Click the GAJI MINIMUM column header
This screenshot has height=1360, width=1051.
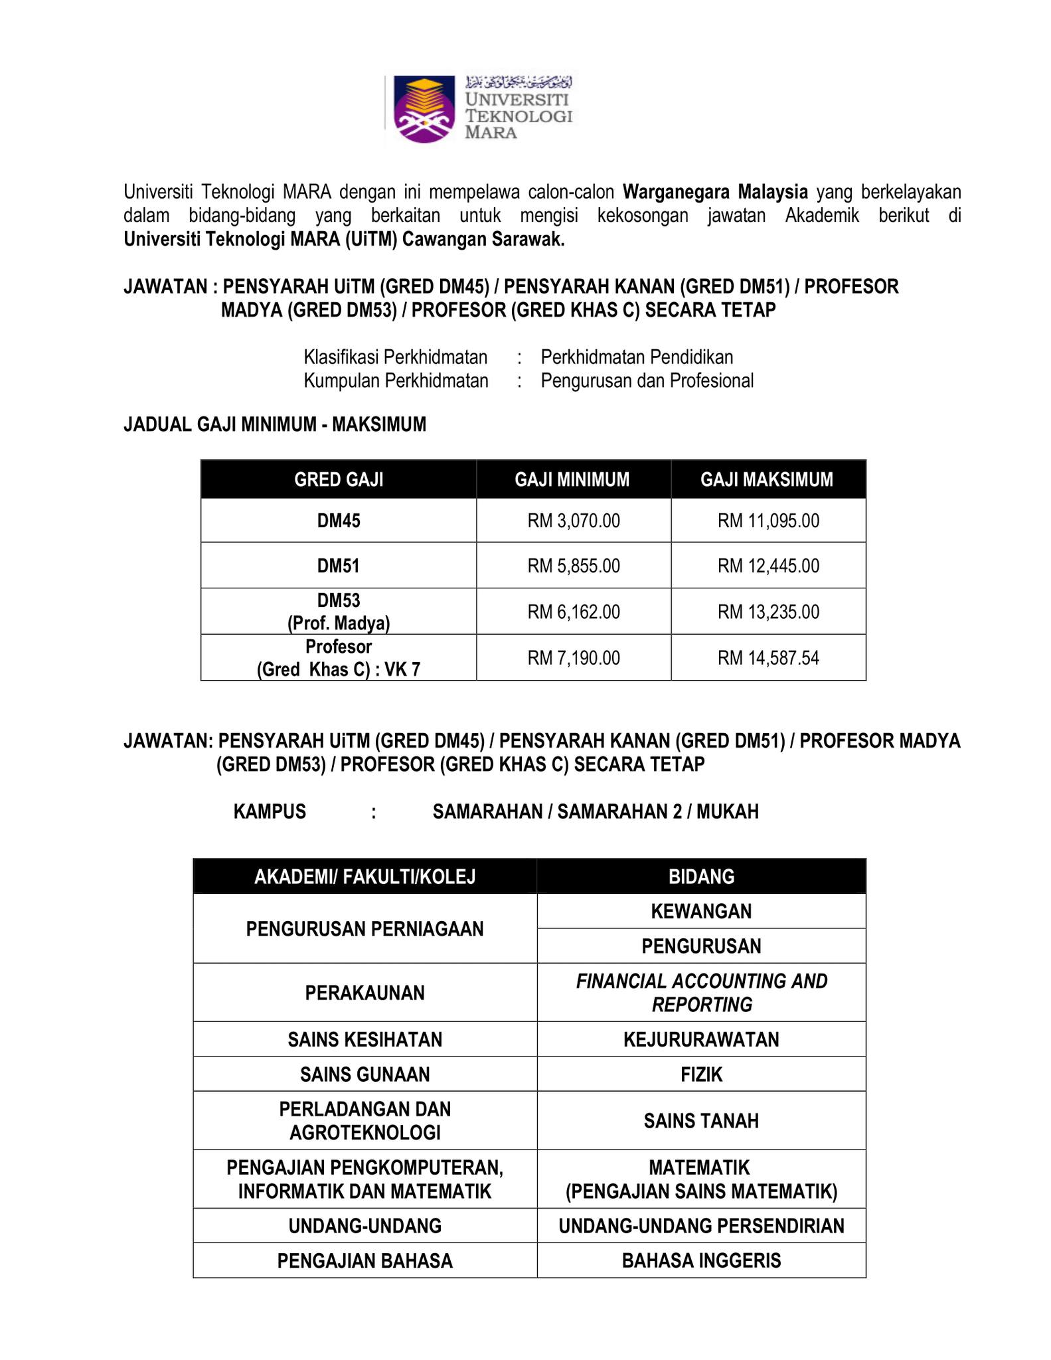(x=572, y=479)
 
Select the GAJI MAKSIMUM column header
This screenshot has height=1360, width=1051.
(x=767, y=479)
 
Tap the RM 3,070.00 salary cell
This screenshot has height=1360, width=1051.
(x=574, y=521)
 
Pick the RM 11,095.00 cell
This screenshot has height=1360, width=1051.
(x=768, y=521)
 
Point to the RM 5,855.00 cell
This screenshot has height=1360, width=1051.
(x=574, y=566)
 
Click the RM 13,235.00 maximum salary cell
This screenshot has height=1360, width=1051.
(x=768, y=612)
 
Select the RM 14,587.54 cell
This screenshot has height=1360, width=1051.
(x=768, y=658)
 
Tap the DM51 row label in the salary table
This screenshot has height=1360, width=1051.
(x=339, y=566)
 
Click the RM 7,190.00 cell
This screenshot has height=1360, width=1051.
(x=574, y=658)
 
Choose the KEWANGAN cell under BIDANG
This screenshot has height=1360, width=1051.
(x=701, y=911)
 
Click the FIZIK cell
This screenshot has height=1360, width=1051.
(x=701, y=1074)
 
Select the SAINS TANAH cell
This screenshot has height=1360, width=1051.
(x=701, y=1121)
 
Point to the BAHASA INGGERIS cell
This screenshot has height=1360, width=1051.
(x=701, y=1260)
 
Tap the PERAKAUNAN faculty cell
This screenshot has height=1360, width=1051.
(x=364, y=993)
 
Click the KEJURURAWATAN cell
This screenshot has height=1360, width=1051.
(x=701, y=1039)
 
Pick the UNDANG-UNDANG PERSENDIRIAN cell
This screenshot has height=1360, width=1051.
(x=701, y=1226)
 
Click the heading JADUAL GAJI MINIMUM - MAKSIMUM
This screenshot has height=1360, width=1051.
(x=275, y=424)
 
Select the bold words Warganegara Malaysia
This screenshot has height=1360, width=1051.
(x=715, y=193)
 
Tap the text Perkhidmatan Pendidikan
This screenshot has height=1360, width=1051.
(x=637, y=357)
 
